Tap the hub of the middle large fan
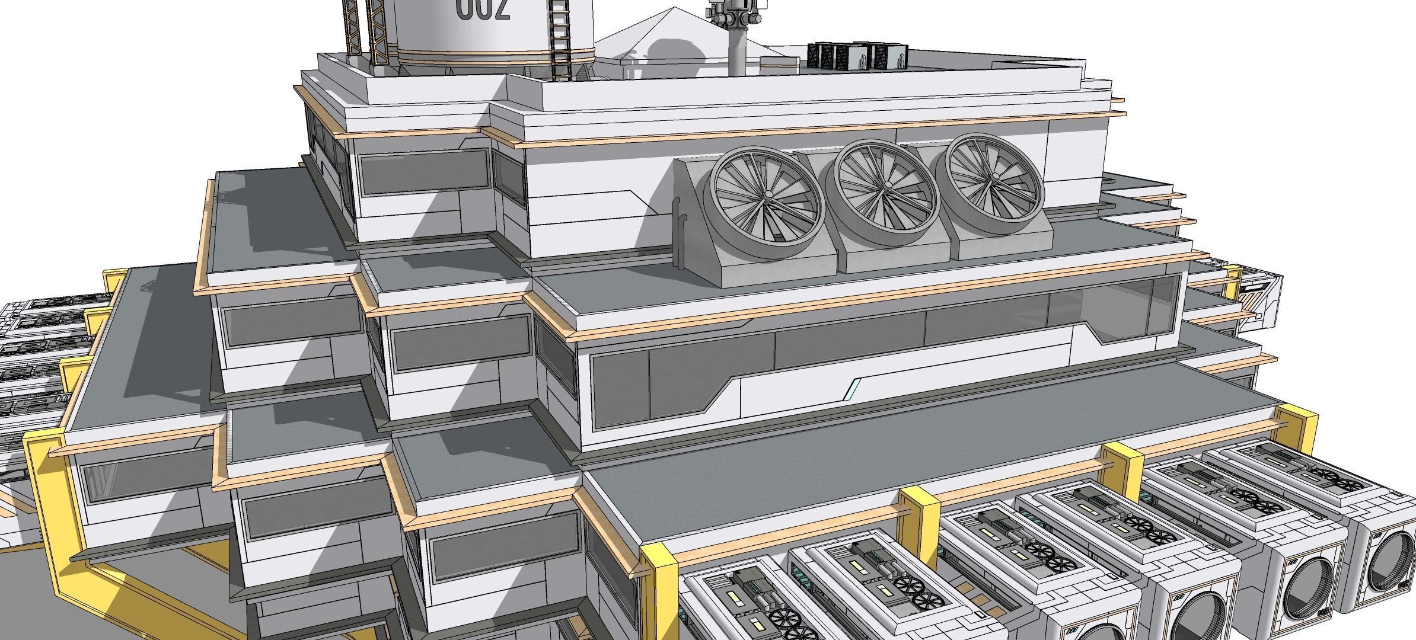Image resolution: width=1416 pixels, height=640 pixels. [x=888, y=185]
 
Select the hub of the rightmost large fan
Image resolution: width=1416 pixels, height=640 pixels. [x=990, y=177]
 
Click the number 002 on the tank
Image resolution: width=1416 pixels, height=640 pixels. [x=483, y=9]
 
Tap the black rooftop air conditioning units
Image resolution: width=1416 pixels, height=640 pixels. [x=856, y=55]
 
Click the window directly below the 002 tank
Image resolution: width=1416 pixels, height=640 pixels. [x=424, y=172]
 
